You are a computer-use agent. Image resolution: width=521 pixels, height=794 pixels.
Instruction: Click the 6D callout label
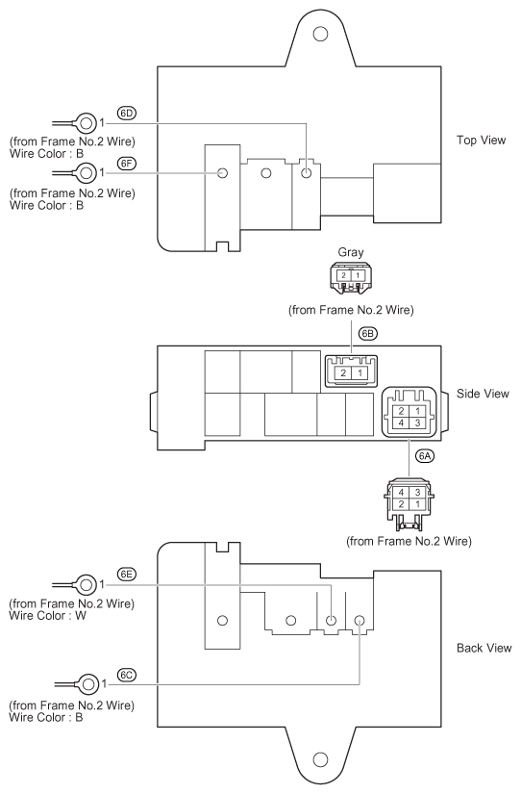(x=127, y=113)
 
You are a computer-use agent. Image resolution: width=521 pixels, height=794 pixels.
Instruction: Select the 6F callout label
(x=127, y=163)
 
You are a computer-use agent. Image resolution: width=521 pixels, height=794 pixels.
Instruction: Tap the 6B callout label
(x=368, y=334)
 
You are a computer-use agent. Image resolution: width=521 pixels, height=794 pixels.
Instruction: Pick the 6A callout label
(x=425, y=456)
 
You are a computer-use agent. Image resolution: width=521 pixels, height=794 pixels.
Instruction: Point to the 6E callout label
(x=127, y=575)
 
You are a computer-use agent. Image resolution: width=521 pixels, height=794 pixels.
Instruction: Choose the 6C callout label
(x=127, y=675)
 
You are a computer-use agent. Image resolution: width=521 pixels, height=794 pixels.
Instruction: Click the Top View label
(x=481, y=141)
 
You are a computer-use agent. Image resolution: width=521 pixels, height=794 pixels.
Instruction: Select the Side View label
(x=483, y=394)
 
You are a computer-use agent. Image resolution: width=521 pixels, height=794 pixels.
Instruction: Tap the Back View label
(x=484, y=648)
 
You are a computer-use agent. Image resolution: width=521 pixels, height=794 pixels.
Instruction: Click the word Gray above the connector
(x=351, y=252)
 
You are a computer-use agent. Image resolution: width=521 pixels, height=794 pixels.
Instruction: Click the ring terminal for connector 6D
(x=86, y=123)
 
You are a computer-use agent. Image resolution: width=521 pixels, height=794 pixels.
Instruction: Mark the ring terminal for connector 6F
(x=86, y=173)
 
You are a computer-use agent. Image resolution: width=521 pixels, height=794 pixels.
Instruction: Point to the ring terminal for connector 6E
(x=86, y=585)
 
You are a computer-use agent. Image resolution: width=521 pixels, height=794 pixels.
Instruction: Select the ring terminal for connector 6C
(x=88, y=684)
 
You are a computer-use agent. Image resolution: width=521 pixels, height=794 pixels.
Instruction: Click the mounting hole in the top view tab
(x=320, y=35)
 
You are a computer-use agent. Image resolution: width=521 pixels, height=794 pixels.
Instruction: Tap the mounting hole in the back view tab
(x=320, y=759)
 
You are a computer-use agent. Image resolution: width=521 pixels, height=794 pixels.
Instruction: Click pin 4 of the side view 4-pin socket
(x=401, y=423)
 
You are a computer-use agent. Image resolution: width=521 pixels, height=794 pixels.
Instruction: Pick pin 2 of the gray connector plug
(x=343, y=276)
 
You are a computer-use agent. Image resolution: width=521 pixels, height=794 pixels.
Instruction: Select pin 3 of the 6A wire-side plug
(x=418, y=492)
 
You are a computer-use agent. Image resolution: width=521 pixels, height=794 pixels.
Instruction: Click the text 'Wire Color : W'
(x=47, y=616)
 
